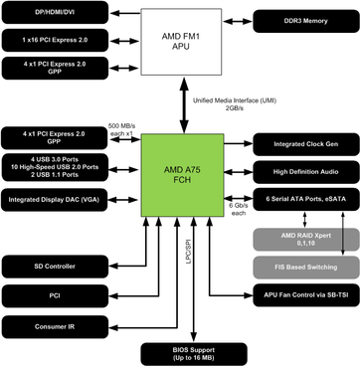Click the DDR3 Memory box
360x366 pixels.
302,21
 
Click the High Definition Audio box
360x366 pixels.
302,171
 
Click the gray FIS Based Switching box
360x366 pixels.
302,267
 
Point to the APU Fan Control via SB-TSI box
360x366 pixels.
302,296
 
